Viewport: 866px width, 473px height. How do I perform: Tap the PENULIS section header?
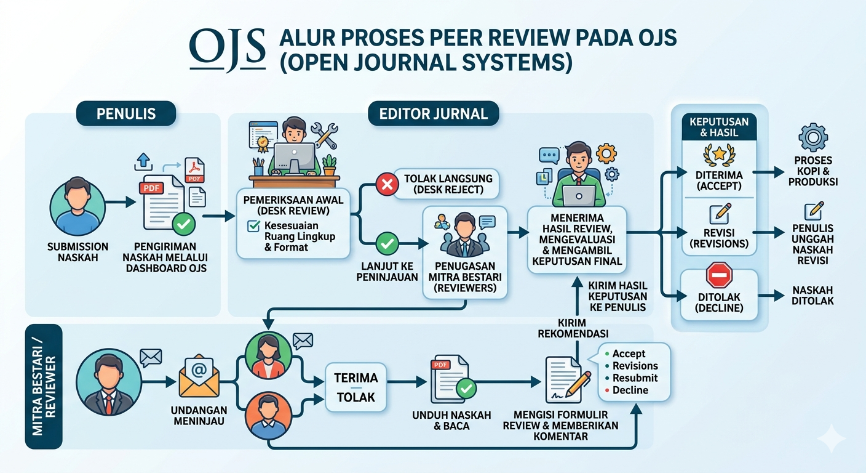pos(125,114)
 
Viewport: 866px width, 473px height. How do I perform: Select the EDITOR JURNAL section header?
pos(434,114)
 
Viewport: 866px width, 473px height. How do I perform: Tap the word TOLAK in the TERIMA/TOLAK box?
pos(356,397)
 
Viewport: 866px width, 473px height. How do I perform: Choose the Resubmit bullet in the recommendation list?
pos(635,378)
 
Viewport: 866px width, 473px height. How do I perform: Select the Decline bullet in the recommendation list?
pos(630,390)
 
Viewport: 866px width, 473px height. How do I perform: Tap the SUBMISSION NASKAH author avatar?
pos(73,203)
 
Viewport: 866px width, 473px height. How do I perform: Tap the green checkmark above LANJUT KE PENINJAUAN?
pos(387,243)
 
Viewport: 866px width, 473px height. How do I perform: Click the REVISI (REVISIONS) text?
pos(719,238)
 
